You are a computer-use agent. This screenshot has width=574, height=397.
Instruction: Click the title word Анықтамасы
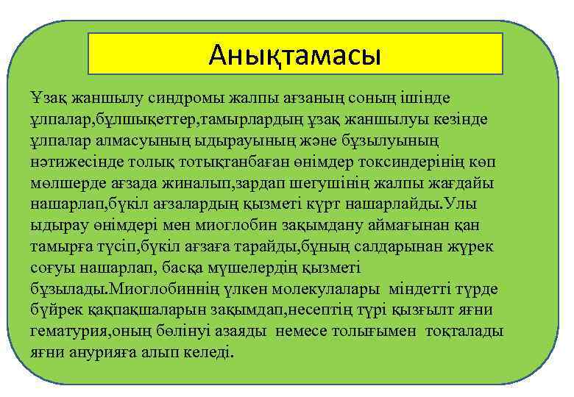(x=294, y=54)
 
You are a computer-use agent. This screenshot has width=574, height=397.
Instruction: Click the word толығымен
(x=376, y=331)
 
